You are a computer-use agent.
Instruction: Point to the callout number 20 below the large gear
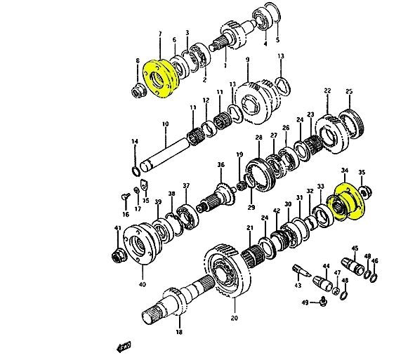[x=234, y=318]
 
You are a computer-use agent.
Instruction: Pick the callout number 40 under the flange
[x=143, y=284]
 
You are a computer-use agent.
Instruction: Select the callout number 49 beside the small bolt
[x=304, y=302]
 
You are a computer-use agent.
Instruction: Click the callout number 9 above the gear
[x=247, y=60]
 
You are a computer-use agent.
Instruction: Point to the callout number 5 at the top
[x=277, y=40]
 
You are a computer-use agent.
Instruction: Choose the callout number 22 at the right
[x=327, y=91]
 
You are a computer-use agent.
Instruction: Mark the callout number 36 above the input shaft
[x=220, y=165]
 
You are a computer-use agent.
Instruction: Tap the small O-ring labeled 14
[x=135, y=170]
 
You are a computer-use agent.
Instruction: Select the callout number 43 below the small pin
[x=298, y=285]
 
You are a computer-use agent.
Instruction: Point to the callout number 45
[x=355, y=248]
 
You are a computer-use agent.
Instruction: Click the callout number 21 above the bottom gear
[x=249, y=228]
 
